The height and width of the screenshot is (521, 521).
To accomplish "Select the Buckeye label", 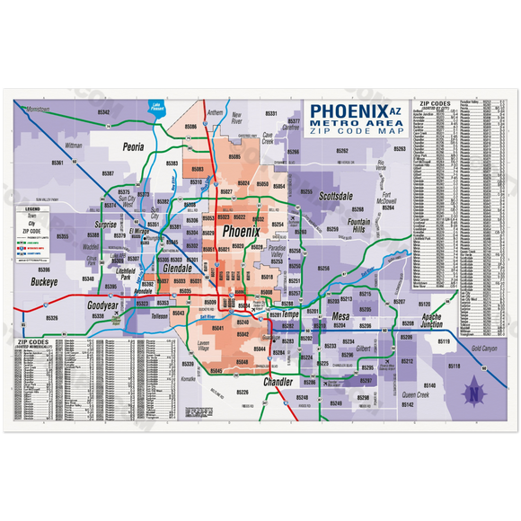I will click(x=43, y=281).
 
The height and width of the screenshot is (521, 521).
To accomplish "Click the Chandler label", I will click(x=278, y=383).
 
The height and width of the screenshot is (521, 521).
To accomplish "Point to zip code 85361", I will click(x=57, y=163).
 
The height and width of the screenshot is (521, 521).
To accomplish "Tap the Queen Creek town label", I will click(x=416, y=394).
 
